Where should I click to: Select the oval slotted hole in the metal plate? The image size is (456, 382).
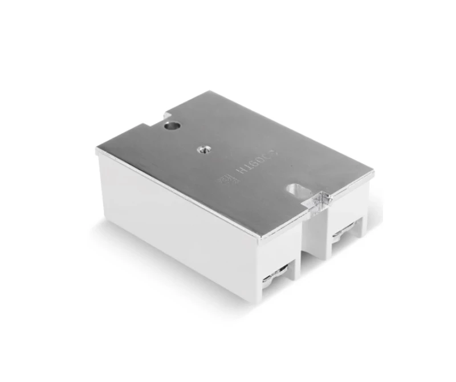click(x=296, y=188)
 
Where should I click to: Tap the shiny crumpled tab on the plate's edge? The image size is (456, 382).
click(x=321, y=199)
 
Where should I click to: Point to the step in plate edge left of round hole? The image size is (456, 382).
click(x=144, y=127)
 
